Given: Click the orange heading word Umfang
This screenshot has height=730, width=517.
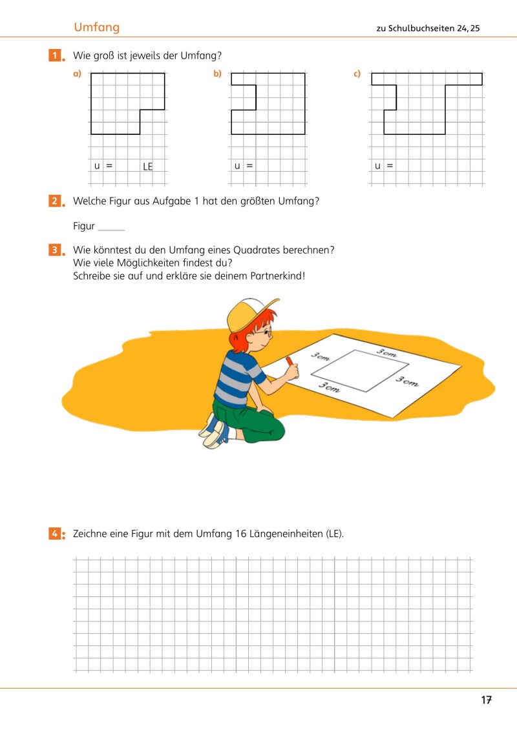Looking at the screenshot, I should coord(96,27).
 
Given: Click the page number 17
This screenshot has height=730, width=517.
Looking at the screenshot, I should coord(487,700).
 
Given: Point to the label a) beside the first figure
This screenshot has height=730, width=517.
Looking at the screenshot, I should coord(78,74).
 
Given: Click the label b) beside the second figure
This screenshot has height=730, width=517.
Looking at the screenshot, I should coord(218,74).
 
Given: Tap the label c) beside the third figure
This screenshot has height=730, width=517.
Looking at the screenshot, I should coord(357,74).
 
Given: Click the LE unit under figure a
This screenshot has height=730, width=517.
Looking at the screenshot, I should coord(148,167).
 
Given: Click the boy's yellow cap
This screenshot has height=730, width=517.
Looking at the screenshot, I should coord(249,312).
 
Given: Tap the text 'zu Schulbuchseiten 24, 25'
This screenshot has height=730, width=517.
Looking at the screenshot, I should coord(428,28).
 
